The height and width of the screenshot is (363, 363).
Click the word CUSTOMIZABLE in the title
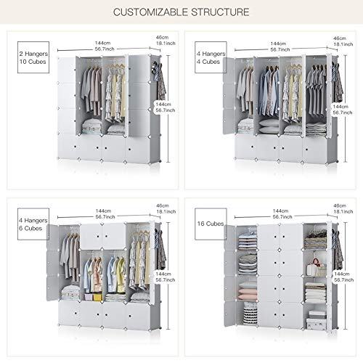click(x=150, y=12)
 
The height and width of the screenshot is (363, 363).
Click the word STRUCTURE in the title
click(x=220, y=12)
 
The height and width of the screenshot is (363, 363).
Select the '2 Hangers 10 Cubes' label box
click(x=33, y=57)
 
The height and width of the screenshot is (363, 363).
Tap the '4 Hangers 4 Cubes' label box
click(x=211, y=57)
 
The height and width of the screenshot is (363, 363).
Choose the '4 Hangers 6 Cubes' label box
click(x=33, y=224)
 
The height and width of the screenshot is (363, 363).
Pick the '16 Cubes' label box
click(x=211, y=224)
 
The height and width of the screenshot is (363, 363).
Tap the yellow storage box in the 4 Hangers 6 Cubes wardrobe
click(x=97, y=297)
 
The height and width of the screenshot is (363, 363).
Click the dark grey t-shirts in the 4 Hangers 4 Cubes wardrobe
click(x=317, y=92)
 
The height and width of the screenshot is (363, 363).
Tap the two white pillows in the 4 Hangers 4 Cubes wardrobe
click(x=269, y=126)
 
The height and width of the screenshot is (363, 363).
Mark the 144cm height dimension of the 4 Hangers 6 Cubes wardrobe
click(x=166, y=277)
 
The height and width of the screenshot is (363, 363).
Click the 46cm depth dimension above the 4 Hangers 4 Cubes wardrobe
click(x=343, y=41)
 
